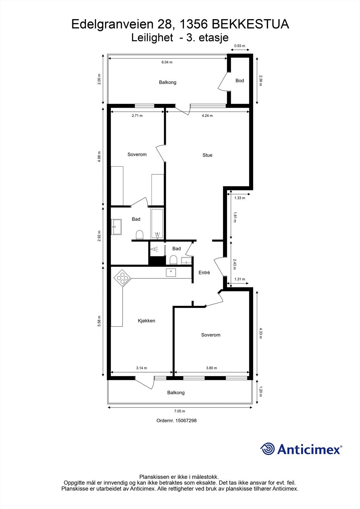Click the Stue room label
[x=207, y=155]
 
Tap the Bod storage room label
[x=240, y=81]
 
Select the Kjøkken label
[x=146, y=321]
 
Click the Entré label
[x=204, y=273]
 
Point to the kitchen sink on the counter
[x=171, y=272]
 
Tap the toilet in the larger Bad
[x=139, y=235]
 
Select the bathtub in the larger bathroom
[x=157, y=224]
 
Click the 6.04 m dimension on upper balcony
[x=167, y=62]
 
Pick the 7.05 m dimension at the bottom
[x=180, y=411]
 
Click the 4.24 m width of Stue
[x=207, y=116]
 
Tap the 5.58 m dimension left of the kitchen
[x=99, y=321]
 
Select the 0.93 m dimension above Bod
[x=240, y=46]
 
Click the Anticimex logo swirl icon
[x=267, y=449]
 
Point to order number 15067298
[x=176, y=421]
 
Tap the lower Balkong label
[x=176, y=393]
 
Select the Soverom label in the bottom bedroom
[x=210, y=335]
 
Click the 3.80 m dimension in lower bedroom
[x=211, y=368]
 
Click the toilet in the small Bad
[x=173, y=260]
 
